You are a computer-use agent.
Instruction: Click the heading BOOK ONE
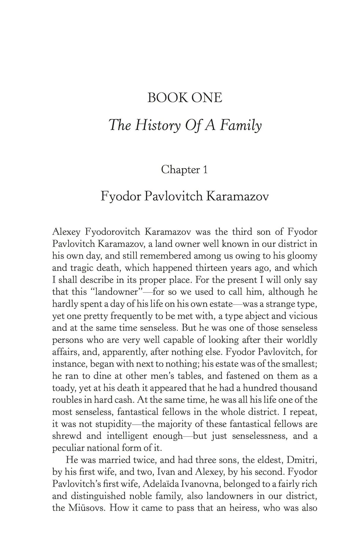[184, 98]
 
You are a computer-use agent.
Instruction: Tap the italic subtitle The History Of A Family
[185, 125]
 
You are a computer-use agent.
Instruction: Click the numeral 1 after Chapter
[205, 170]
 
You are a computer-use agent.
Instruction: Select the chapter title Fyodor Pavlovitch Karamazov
[184, 196]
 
